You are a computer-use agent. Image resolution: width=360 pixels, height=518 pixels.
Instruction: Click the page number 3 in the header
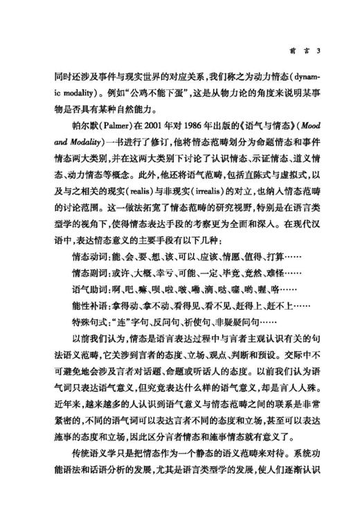point(317,51)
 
